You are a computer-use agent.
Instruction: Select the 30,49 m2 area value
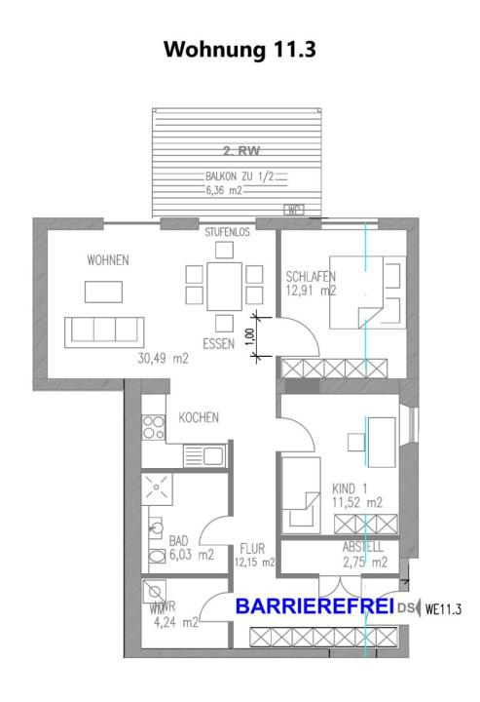click(163, 358)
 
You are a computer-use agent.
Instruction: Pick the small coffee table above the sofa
click(103, 292)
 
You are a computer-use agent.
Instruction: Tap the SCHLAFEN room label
click(311, 274)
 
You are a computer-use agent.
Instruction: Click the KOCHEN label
click(199, 417)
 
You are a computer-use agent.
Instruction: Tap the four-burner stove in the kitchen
click(154, 426)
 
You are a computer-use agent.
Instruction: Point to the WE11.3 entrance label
click(442, 610)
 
